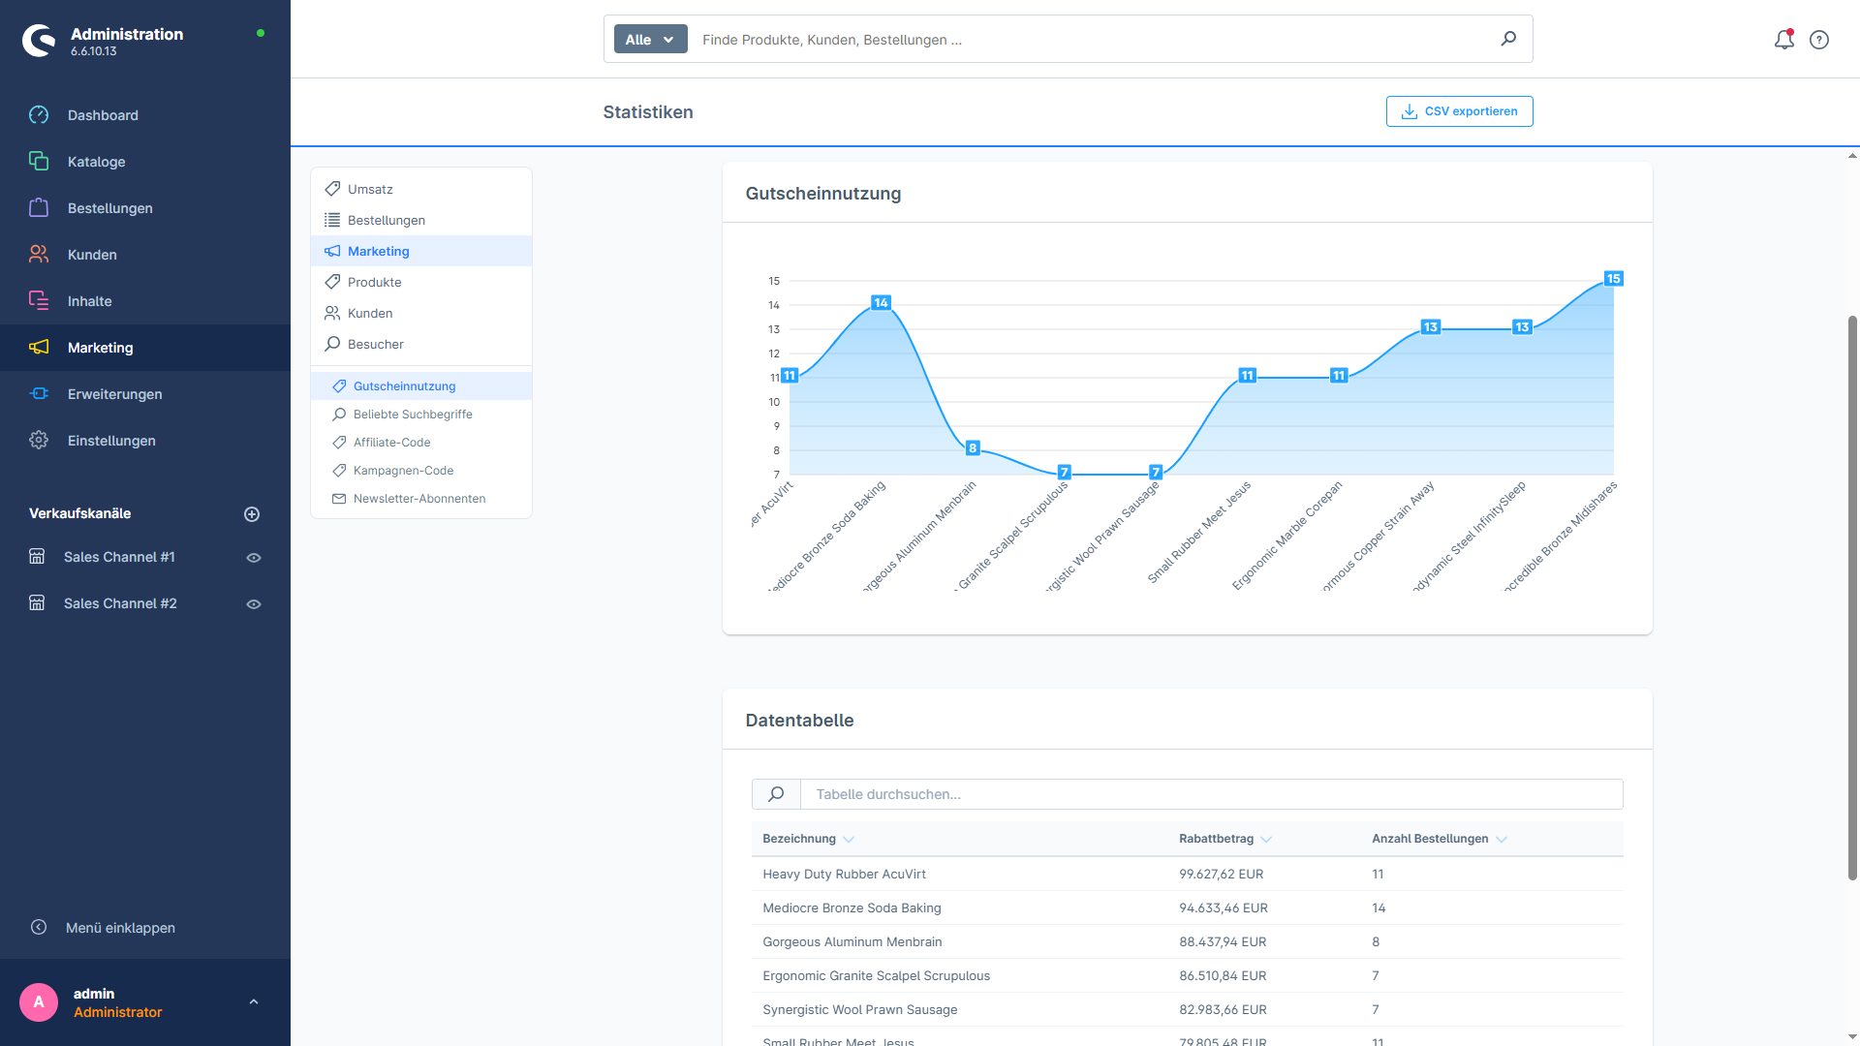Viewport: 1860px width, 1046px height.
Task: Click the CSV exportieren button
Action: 1459,111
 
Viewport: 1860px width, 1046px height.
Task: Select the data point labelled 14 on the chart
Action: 881,303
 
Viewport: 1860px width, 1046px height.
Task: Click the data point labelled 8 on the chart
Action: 973,448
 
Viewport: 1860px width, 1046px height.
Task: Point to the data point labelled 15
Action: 1613,279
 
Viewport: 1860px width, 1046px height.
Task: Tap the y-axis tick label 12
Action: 774,354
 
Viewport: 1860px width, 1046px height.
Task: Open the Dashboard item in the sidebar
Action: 103,115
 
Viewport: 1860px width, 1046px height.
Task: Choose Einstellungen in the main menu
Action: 111,441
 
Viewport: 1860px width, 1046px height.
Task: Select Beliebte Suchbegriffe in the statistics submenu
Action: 413,415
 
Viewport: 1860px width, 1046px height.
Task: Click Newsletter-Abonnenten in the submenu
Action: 419,499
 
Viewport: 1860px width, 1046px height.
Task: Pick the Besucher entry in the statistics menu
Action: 375,344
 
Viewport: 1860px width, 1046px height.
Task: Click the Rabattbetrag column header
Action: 1217,839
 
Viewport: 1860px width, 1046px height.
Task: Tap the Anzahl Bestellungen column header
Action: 1430,839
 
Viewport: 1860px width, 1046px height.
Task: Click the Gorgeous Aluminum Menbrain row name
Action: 852,942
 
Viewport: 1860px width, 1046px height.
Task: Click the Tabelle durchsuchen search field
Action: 1211,794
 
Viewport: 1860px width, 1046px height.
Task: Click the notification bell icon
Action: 1783,40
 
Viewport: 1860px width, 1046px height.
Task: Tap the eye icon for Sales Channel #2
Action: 254,604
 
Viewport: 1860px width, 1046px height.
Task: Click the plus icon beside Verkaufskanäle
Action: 252,514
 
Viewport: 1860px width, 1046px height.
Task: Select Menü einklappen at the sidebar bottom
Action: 120,928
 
